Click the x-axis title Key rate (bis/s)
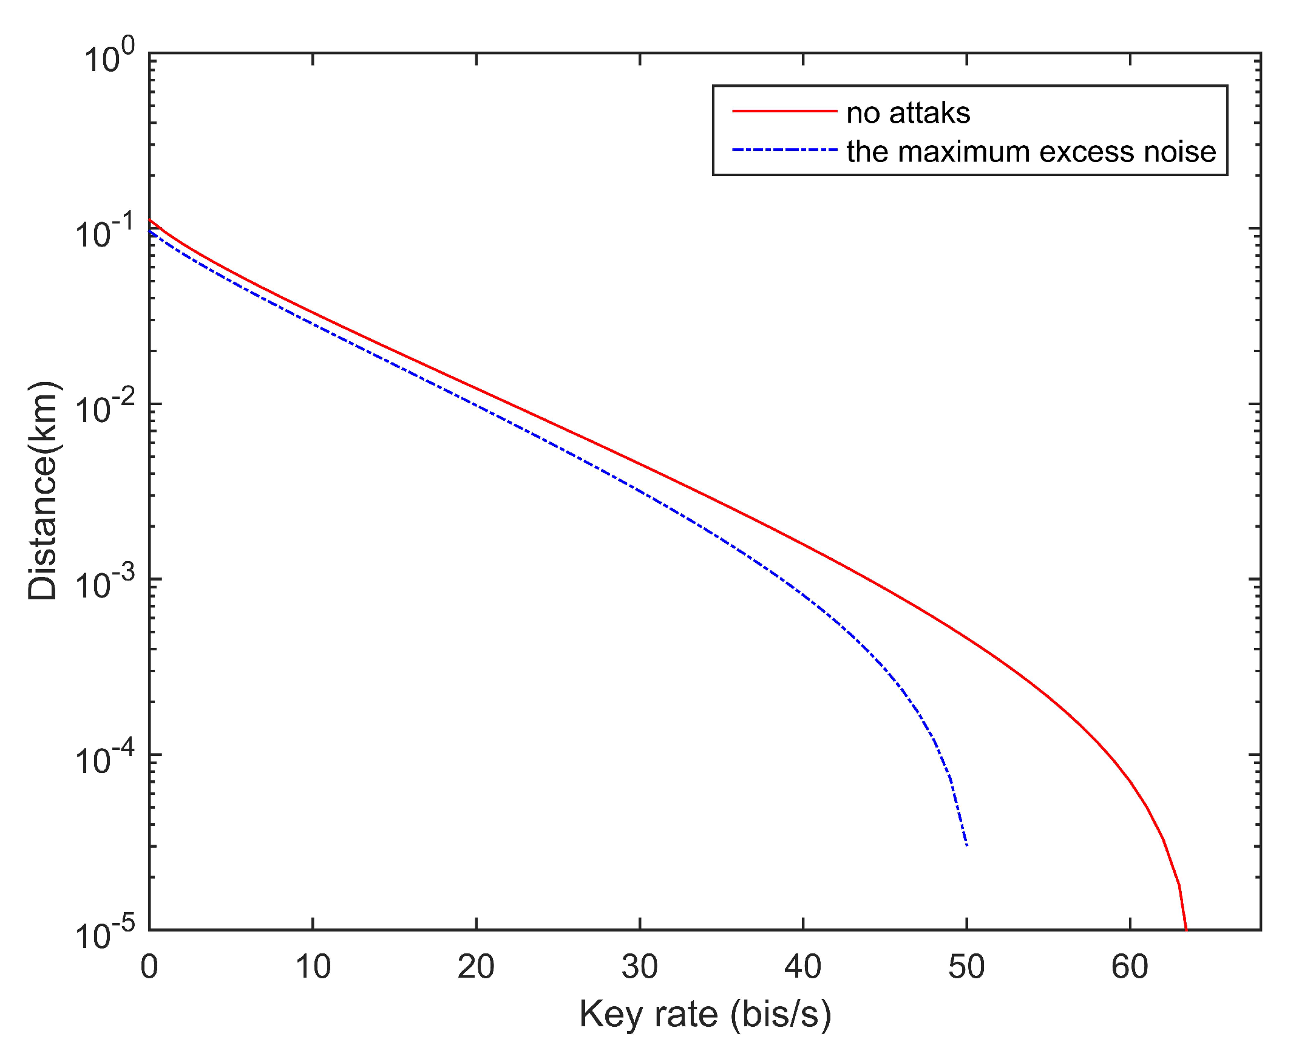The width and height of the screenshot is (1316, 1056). point(705,1016)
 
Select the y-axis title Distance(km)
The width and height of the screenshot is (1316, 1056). point(42,492)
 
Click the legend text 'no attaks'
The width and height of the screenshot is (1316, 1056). point(908,114)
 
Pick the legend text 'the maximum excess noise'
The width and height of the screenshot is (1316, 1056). point(1031,151)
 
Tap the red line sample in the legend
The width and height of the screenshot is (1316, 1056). point(784,111)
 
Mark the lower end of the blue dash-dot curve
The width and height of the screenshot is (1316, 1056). point(967,845)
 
